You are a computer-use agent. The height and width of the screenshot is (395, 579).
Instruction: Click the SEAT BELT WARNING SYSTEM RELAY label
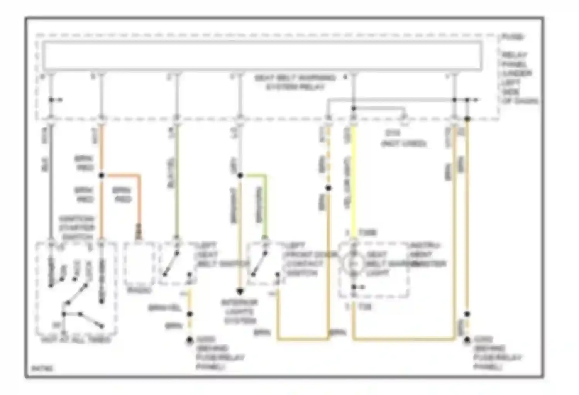(x=295, y=82)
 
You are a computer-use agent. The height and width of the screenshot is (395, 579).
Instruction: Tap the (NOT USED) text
(x=404, y=143)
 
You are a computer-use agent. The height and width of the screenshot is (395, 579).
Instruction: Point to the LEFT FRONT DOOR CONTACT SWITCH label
(x=305, y=259)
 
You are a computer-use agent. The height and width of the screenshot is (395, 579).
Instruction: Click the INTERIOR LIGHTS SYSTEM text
(x=239, y=312)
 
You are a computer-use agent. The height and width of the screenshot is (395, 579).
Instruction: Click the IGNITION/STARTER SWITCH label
(x=77, y=228)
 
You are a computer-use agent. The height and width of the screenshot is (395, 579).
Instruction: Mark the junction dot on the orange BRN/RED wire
(x=102, y=176)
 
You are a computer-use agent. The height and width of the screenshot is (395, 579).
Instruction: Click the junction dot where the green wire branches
(x=240, y=176)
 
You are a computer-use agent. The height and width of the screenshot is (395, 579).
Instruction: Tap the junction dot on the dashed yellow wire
(x=328, y=188)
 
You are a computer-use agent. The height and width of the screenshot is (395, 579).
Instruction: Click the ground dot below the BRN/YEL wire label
(x=190, y=340)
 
